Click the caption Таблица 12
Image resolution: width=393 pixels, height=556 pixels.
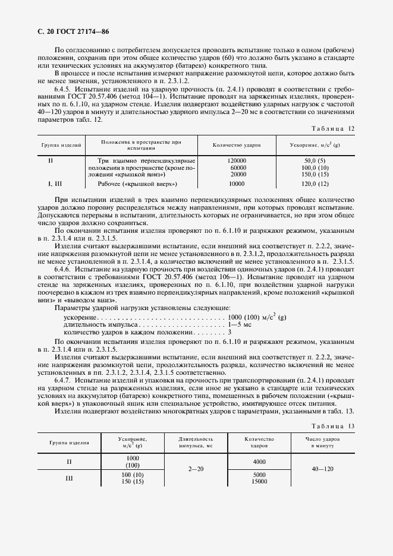tap(333, 128)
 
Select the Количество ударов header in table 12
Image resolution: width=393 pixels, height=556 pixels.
tap(237, 144)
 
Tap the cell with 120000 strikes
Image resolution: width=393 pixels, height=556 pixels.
tap(237, 161)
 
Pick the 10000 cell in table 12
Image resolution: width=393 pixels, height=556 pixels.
tap(237, 184)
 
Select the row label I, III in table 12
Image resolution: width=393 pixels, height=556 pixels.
tap(54, 184)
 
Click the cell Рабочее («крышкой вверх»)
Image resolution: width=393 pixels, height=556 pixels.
tap(147, 184)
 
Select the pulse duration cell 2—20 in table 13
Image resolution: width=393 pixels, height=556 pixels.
tap(196, 469)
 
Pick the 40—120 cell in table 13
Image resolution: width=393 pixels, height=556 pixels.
tap(322, 469)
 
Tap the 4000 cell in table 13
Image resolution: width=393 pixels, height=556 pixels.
tap(259, 461)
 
